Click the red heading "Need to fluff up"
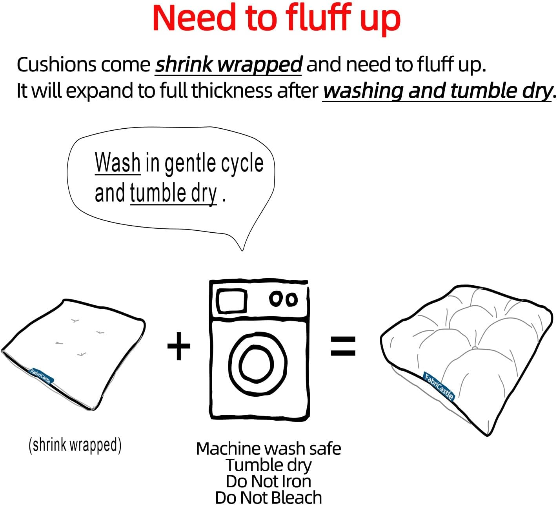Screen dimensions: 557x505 pyautogui.click(x=277, y=19)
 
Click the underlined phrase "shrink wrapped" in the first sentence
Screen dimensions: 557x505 pyautogui.click(x=229, y=65)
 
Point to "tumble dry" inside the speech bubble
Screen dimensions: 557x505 pyautogui.click(x=173, y=193)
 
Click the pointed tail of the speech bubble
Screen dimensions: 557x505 pyautogui.click(x=243, y=250)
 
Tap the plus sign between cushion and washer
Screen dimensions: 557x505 pyautogui.click(x=179, y=346)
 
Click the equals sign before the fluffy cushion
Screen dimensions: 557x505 pyautogui.click(x=343, y=346)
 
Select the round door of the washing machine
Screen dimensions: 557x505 pyautogui.click(x=231, y=363)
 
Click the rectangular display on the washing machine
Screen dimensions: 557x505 pyautogui.click(x=231, y=301)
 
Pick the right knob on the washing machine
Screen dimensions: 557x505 pyautogui.click(x=291, y=299)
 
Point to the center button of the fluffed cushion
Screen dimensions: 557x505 pyautogui.click(x=475, y=348)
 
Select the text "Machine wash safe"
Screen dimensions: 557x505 pyautogui.click(x=269, y=448)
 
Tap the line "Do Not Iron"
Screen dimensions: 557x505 pyautogui.click(x=269, y=481)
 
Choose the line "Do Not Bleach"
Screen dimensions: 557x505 pyautogui.click(x=269, y=497)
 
